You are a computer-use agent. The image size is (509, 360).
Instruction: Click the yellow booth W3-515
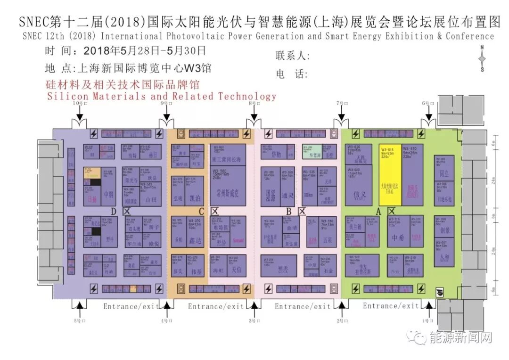pyautogui.click(x=390, y=175)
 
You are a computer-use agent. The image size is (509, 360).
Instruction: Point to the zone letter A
pyautogui.click(x=378, y=212)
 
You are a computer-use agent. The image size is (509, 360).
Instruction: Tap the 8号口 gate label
pyautogui.click(x=254, y=103)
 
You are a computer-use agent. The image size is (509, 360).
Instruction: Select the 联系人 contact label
pyautogui.click(x=292, y=56)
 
